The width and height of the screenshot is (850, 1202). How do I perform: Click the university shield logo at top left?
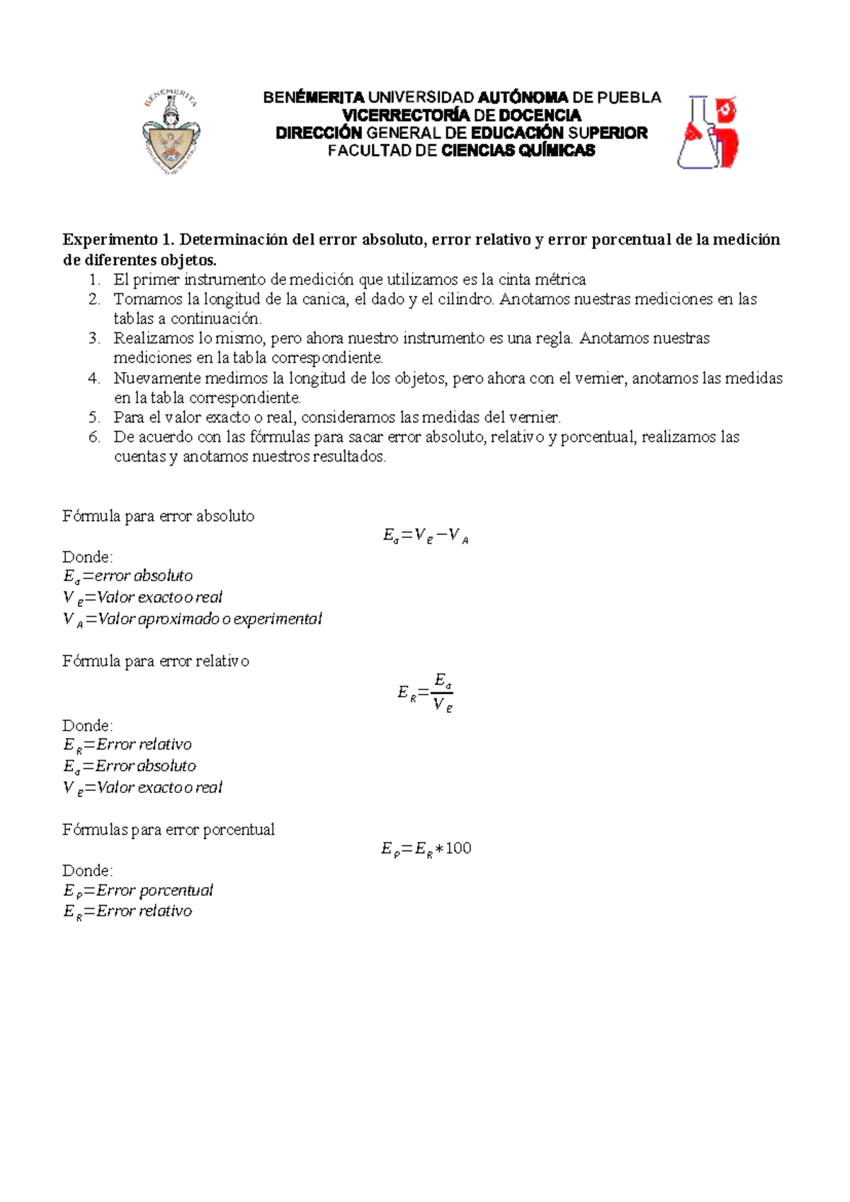pos(171,133)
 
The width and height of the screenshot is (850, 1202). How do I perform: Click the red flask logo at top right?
pos(708,133)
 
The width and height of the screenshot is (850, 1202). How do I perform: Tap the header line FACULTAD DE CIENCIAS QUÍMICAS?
pos(461,150)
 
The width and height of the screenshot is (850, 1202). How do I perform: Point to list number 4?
pos(94,378)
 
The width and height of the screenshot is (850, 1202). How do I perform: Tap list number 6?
pos(94,437)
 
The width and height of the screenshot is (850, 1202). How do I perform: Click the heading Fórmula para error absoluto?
pos(158,516)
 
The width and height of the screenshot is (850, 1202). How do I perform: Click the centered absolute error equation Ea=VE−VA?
pos(426,537)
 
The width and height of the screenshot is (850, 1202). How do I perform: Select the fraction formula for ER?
pos(426,692)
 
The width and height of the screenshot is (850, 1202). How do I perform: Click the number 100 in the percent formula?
pos(458,848)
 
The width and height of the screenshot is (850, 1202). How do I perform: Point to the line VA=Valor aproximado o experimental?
pos(192,619)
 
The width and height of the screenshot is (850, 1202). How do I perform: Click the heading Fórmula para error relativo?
pos(156,661)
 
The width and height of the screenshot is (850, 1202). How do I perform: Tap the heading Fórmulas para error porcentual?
pos(169,829)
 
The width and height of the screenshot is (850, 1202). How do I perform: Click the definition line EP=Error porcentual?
pos(138,890)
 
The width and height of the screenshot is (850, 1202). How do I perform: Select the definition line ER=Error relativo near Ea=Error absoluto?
pos(127,744)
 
